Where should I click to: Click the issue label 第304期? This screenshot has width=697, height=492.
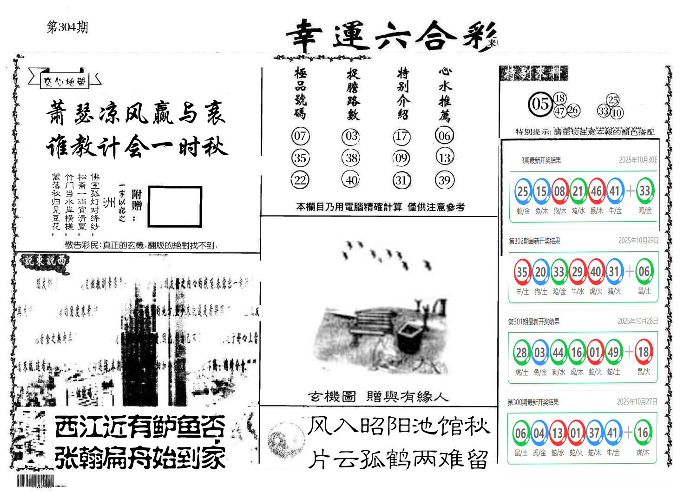tap(67, 27)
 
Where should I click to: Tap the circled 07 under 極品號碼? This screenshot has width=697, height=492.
tap(300, 136)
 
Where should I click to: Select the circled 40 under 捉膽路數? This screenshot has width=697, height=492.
tap(351, 180)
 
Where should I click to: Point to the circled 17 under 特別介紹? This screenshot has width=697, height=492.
tap(401, 136)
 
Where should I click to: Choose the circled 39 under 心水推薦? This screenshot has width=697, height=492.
tap(444, 180)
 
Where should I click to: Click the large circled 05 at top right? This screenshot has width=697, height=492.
tap(540, 104)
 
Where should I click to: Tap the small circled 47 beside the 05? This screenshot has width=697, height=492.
tap(559, 111)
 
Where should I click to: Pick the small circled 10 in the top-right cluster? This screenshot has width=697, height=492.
tap(616, 112)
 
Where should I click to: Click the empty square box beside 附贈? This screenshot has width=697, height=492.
tap(175, 207)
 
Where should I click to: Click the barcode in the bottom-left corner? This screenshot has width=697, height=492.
tap(35, 481)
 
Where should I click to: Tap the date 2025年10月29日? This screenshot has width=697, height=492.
tap(638, 241)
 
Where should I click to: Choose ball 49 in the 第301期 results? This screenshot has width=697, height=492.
tap(613, 353)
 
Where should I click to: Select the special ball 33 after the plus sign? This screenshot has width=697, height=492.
tap(644, 191)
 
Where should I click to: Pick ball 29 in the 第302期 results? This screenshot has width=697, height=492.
tap(577, 272)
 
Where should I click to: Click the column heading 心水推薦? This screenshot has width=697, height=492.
tap(445, 93)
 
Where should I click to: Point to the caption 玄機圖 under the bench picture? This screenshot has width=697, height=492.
tap(332, 397)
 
